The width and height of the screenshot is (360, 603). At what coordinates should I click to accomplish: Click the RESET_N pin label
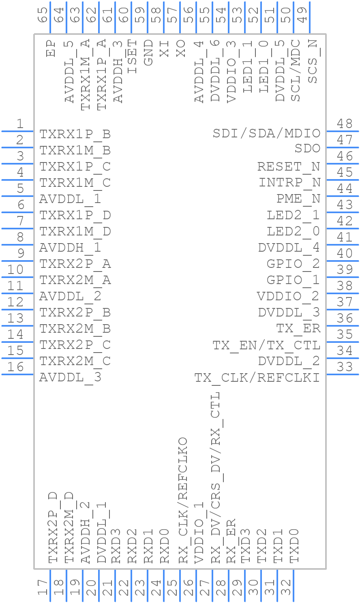click(x=288, y=167)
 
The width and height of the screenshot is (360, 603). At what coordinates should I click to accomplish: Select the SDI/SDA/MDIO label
click(x=266, y=133)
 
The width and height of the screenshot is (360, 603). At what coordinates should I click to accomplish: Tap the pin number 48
click(x=345, y=124)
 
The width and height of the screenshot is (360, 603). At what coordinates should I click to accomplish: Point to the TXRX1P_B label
click(x=75, y=134)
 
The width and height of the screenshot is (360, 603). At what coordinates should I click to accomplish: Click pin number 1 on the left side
click(x=19, y=124)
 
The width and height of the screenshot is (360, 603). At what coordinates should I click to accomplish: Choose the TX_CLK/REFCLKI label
click(x=257, y=378)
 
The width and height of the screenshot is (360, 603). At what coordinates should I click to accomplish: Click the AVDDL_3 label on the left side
click(x=70, y=378)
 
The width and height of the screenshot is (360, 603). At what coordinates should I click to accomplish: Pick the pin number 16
click(x=16, y=367)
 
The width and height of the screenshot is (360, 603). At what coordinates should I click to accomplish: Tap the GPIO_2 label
click(x=293, y=264)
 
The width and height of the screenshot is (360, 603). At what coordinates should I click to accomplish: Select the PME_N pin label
click(x=298, y=199)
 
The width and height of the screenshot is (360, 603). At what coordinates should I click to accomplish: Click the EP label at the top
click(x=51, y=48)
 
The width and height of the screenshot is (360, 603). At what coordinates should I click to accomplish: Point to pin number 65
click(x=43, y=15)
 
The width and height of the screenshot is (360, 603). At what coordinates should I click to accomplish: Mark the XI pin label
click(x=164, y=48)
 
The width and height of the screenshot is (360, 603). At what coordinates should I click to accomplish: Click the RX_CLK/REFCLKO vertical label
click(x=183, y=500)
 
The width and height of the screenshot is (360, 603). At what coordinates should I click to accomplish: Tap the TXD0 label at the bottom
click(x=294, y=545)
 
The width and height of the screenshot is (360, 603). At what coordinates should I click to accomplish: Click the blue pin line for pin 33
click(x=342, y=374)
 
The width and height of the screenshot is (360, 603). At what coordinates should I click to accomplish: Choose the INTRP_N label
click(x=289, y=183)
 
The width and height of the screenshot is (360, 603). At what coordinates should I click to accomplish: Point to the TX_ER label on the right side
click(x=298, y=329)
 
